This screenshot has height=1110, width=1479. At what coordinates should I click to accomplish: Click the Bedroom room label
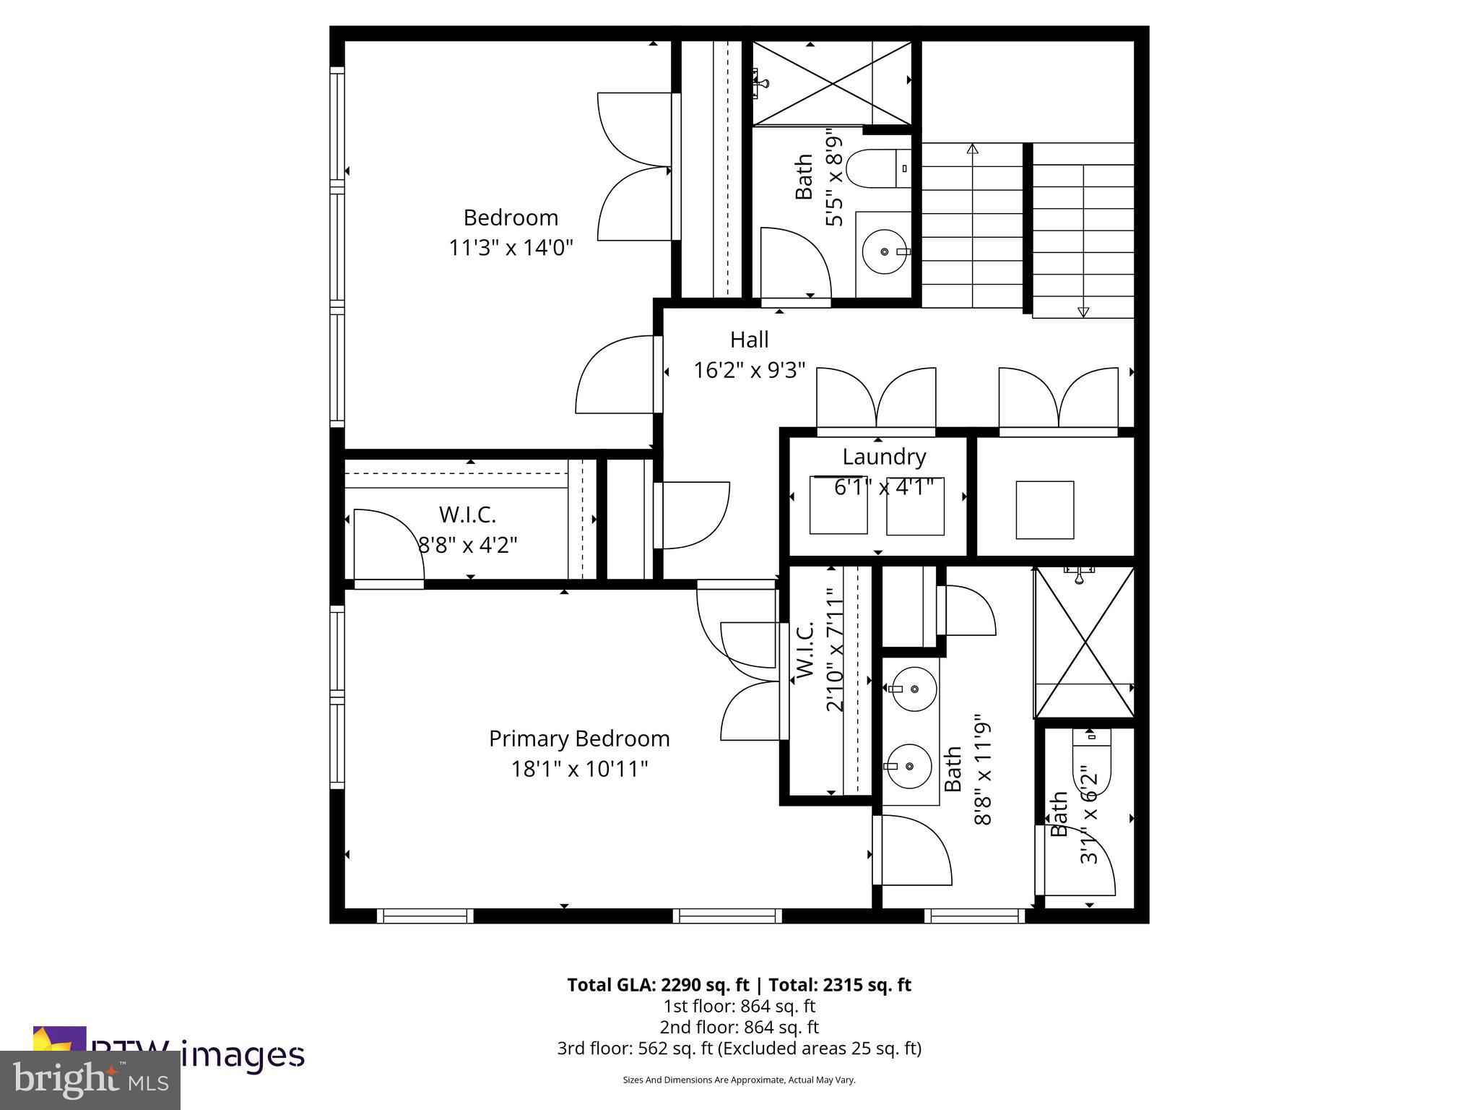click(511, 218)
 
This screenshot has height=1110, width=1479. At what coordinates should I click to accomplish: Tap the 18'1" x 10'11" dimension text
click(579, 769)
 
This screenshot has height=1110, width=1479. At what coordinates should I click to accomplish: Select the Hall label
click(749, 340)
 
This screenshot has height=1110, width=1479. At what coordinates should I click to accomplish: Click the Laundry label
click(884, 457)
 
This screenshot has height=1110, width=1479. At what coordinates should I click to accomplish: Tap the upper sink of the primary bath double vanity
click(914, 689)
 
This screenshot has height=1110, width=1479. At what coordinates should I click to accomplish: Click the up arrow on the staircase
click(972, 149)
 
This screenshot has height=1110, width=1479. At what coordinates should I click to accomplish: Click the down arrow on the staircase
click(1083, 311)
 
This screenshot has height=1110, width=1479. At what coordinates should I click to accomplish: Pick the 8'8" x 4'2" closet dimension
click(468, 544)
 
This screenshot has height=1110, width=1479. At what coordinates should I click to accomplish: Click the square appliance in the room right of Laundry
click(1044, 509)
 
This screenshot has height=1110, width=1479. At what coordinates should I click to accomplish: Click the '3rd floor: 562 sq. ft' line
click(739, 1049)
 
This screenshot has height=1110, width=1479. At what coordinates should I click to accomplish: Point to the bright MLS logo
click(90, 1080)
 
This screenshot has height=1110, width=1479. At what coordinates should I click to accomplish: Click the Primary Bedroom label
click(579, 739)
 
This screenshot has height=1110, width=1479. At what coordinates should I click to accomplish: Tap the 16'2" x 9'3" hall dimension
click(749, 371)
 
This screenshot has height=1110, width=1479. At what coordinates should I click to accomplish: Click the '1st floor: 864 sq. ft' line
click(739, 1006)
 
